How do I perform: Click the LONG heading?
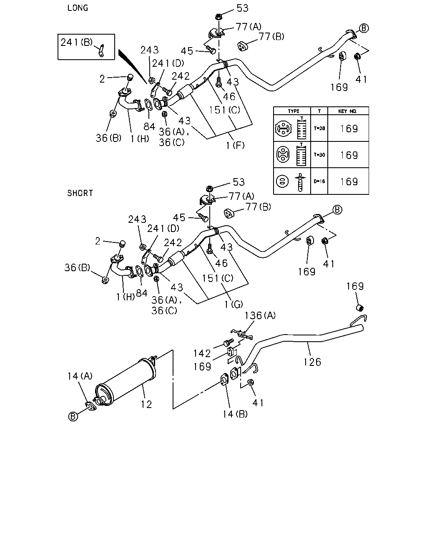click(78, 8)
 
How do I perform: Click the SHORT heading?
click(80, 193)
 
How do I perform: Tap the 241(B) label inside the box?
click(76, 43)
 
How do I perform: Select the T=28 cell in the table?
click(319, 128)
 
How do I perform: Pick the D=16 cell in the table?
click(319, 181)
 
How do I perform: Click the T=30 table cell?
click(319, 155)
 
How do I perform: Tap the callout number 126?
click(312, 362)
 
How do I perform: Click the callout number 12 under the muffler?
click(146, 405)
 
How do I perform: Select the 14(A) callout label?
click(80, 376)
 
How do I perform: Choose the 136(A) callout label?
click(260, 316)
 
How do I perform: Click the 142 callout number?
click(202, 353)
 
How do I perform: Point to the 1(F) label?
click(235, 146)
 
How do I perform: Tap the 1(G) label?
click(234, 304)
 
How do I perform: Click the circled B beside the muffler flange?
click(73, 417)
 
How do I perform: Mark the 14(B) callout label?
click(235, 414)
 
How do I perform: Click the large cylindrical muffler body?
click(125, 382)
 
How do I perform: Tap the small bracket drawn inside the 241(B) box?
click(101, 50)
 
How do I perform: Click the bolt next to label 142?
click(228, 342)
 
